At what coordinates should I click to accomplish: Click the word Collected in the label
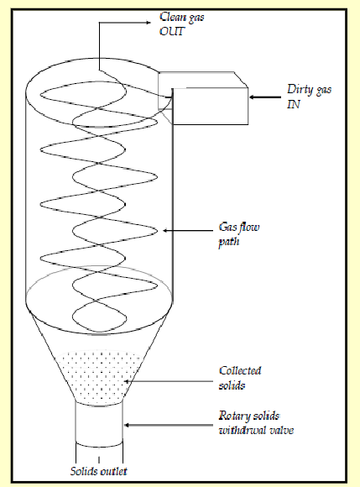click(x=237, y=371)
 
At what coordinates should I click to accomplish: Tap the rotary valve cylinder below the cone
click(x=99, y=424)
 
